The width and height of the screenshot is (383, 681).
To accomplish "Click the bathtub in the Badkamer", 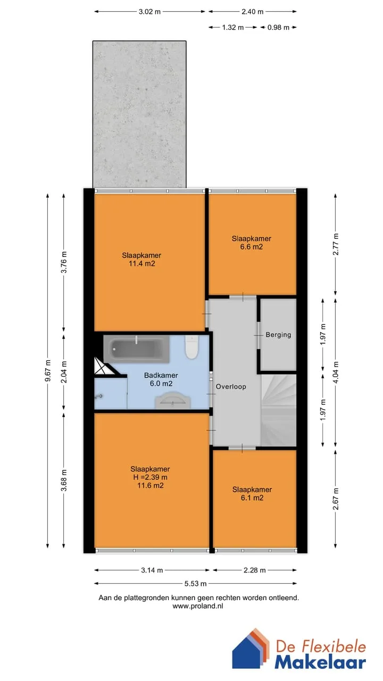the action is (137, 349).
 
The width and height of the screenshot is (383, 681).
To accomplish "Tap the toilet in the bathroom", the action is (191, 347).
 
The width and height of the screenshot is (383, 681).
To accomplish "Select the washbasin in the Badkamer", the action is (173, 401).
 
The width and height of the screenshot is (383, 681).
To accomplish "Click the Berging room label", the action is (278, 335).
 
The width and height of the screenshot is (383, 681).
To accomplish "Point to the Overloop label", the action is (231, 387).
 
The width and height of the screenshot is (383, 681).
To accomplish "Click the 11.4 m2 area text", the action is (142, 263).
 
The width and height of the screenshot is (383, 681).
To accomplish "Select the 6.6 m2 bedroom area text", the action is (252, 247).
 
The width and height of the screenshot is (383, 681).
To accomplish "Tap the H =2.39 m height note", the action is (150, 477).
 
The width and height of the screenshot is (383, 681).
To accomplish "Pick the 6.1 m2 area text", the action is (252, 498).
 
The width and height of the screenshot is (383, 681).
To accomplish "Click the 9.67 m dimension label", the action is (48, 370).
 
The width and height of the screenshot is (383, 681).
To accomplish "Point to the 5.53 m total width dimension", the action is (195, 584).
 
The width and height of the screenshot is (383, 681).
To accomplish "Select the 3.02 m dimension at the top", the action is (149, 12).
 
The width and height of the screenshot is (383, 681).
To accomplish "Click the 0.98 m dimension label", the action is (278, 28).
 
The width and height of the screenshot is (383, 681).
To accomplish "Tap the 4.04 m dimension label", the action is (336, 372).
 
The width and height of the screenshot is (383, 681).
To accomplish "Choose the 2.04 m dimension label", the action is (64, 372).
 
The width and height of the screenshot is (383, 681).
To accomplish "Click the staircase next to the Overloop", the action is (278, 410).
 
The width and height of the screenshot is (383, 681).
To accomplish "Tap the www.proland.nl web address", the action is (198, 606).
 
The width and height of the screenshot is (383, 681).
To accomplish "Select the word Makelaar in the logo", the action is (320, 663).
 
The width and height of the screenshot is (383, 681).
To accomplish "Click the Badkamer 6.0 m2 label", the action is (161, 379).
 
